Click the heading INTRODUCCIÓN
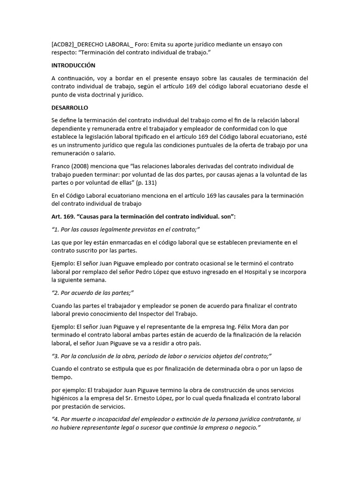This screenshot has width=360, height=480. pyautogui.click(x=73, y=66)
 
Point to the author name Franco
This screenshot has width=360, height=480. pyautogui.click(x=62, y=166)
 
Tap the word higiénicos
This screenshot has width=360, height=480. pyautogui.click(x=68, y=398)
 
